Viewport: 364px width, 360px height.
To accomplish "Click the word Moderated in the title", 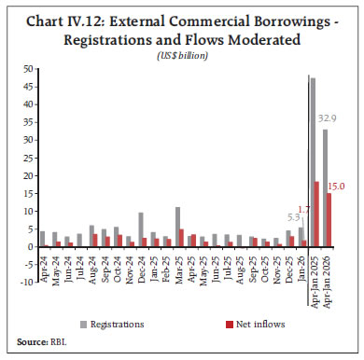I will [x=296, y=40].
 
